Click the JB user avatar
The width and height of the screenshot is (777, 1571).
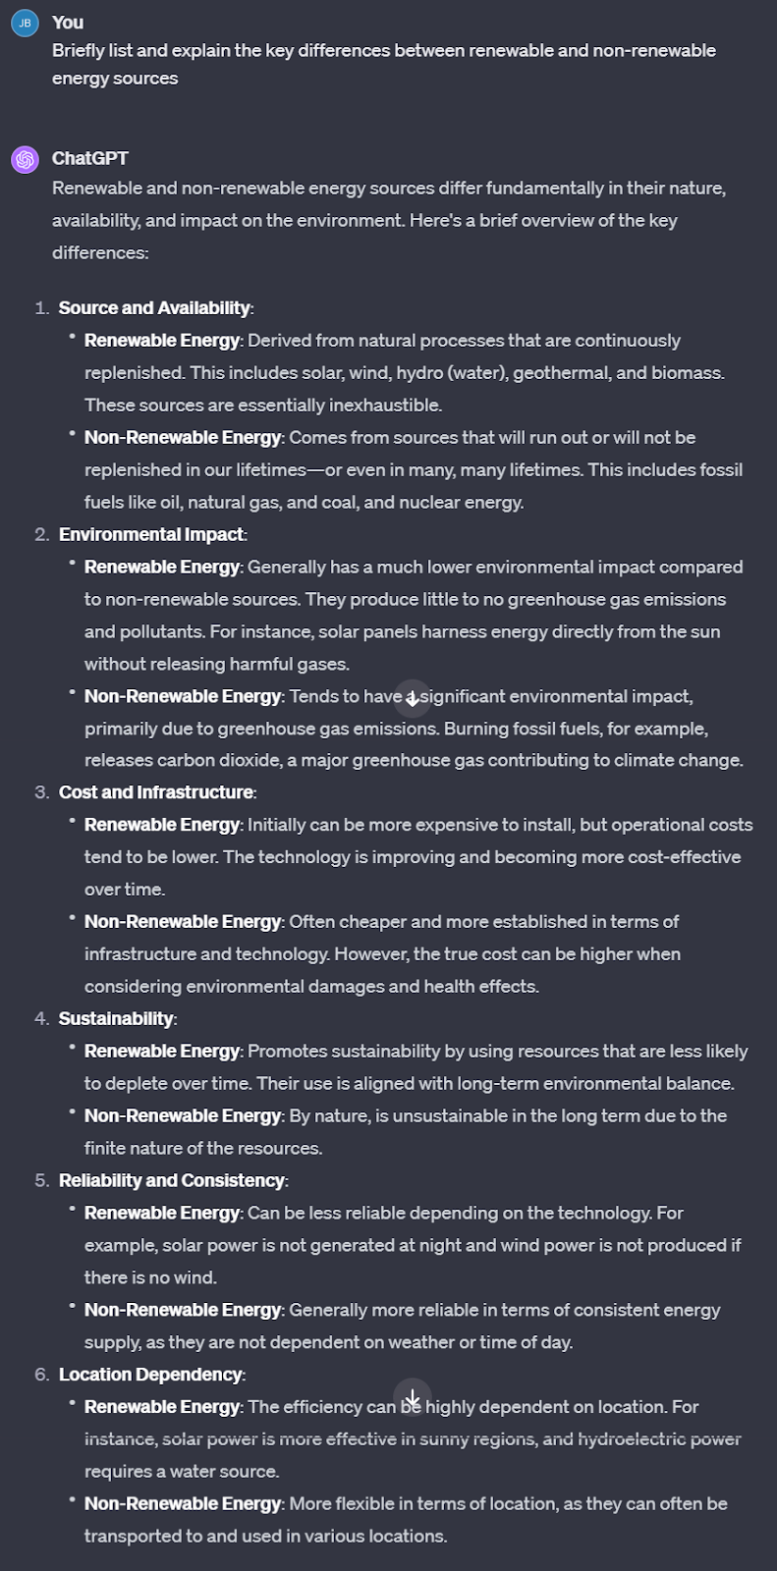click(25, 23)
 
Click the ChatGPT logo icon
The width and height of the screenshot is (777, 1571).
click(25, 159)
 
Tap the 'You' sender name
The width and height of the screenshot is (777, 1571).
click(68, 23)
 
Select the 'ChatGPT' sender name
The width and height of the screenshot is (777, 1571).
click(89, 158)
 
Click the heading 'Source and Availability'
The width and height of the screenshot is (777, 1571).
click(154, 308)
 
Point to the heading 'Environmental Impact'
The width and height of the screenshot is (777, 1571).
click(151, 534)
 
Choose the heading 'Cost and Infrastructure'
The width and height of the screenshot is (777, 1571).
click(156, 792)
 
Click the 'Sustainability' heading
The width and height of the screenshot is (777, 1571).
click(116, 1018)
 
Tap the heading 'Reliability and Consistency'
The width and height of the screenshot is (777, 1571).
click(171, 1180)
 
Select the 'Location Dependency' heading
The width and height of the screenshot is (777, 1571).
click(150, 1375)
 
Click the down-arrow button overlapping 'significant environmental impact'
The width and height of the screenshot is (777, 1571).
click(413, 698)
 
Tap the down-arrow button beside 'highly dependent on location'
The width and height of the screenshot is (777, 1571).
click(413, 1397)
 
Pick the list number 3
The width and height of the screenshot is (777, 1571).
click(41, 792)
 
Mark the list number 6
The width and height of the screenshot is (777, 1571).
click(41, 1375)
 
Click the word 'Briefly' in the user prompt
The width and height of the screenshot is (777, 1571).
click(80, 51)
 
